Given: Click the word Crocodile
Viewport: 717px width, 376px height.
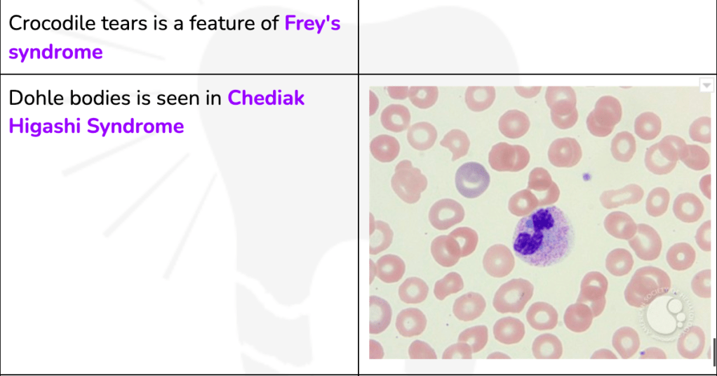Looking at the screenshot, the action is [x=53, y=23].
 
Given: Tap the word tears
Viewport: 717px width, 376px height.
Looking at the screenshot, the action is [x=124, y=23].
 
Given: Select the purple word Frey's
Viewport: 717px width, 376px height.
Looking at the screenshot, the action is [x=312, y=23].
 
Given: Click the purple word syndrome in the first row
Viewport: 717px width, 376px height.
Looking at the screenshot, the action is [x=56, y=52].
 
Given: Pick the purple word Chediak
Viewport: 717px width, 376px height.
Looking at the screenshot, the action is [x=266, y=98].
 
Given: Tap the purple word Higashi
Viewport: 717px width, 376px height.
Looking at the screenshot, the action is [x=45, y=127].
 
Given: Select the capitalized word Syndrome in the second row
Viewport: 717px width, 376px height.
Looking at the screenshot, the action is [x=135, y=127].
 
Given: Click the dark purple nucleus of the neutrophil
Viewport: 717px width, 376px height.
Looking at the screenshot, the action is [x=534, y=232].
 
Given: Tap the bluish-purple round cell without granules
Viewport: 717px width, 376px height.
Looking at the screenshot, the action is [x=472, y=179].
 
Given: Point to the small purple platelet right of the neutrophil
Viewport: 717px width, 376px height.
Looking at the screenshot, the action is [x=587, y=177].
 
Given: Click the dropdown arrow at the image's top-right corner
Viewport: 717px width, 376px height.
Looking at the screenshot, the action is [x=706, y=85].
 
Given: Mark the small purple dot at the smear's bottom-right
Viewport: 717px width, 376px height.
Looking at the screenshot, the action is [x=643, y=353].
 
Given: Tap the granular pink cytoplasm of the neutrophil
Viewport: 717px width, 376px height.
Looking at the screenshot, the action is [x=556, y=242].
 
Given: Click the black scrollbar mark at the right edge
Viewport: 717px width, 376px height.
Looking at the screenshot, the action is [x=713, y=352].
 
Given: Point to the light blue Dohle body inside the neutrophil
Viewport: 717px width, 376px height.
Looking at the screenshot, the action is [x=529, y=223].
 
